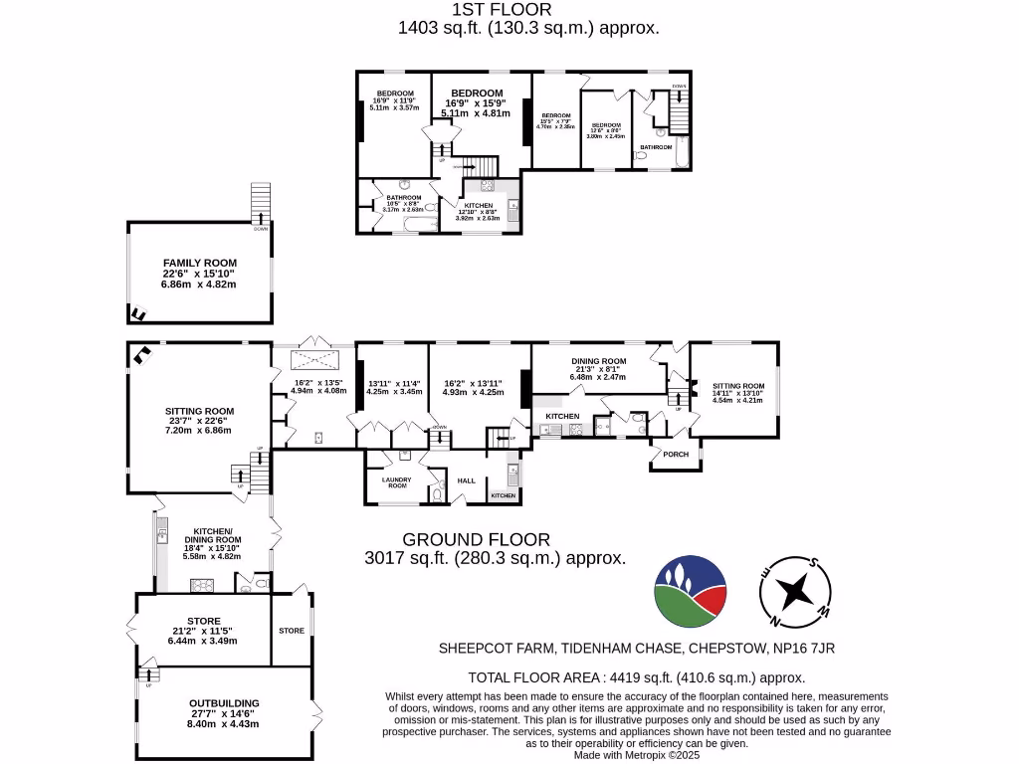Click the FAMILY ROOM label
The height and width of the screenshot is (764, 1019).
pos(200,263)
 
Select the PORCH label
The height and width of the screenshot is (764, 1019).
pos(676,455)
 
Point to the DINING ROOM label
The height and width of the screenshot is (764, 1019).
pos(598,361)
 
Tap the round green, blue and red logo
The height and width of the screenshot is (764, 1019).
pos(690,591)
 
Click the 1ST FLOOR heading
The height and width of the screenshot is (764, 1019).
pos(528,10)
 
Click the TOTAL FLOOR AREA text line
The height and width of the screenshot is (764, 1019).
pos(637,677)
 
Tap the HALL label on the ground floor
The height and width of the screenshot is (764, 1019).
pos(467,480)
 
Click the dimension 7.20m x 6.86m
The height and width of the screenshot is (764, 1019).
pos(199,430)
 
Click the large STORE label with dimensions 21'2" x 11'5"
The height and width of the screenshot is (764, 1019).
pos(203,622)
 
